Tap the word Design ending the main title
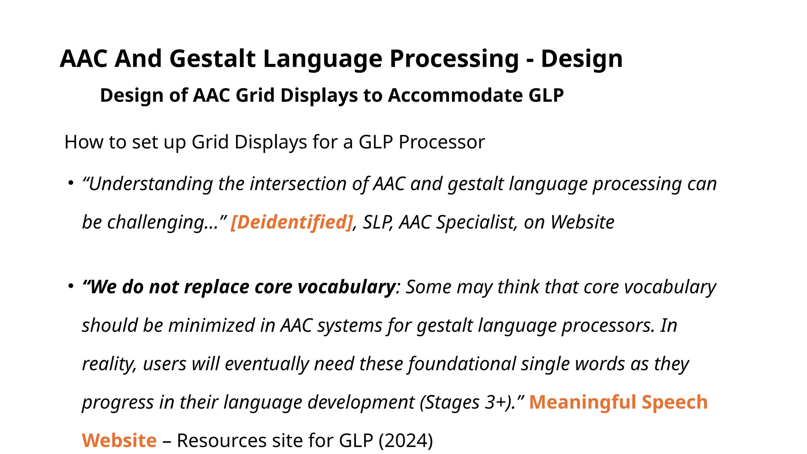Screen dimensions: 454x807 click(581, 59)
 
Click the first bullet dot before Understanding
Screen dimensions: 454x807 click(71, 183)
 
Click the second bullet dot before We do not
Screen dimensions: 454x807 click(71, 287)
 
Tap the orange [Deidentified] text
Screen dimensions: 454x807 click(292, 222)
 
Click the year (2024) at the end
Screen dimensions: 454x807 click(405, 441)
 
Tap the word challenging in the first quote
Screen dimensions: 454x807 click(154, 222)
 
